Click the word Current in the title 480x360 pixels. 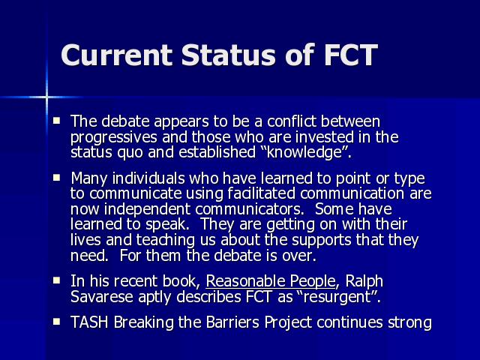click(x=117, y=55)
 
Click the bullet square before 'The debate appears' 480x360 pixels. click(x=56, y=120)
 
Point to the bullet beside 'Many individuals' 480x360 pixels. click(x=56, y=178)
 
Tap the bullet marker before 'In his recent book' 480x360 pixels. click(x=56, y=280)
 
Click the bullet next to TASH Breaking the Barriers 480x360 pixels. click(x=56, y=322)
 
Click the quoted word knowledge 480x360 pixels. click(x=307, y=151)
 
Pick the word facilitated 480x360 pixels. click(x=262, y=193)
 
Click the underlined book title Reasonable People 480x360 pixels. click(x=271, y=281)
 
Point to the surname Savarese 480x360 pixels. click(x=102, y=297)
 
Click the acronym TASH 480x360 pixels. click(x=89, y=322)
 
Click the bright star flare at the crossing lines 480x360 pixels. click(x=46, y=97)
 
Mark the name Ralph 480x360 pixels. click(x=364, y=281)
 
